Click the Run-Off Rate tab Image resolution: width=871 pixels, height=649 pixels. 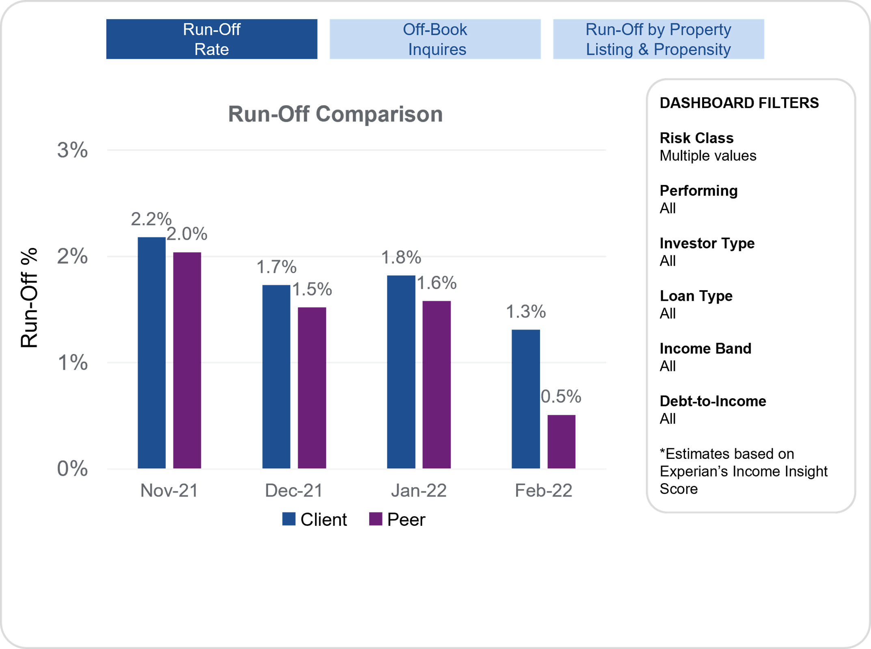pos(212,39)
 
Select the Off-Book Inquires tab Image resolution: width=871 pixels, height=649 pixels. pos(435,39)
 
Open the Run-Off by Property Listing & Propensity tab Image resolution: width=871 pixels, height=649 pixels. pos(658,39)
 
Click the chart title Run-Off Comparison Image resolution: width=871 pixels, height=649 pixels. pos(335,114)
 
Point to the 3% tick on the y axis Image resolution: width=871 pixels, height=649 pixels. pos(72,150)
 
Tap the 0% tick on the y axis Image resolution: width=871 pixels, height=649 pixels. pos(72,469)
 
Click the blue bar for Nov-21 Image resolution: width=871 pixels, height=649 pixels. pos(151,353)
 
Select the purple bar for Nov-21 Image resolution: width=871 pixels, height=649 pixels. pos(187,360)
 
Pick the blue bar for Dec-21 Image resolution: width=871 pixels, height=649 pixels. pos(276,377)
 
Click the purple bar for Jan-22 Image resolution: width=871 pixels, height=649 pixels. pos(437,384)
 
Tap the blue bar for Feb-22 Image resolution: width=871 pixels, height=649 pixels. pos(526,399)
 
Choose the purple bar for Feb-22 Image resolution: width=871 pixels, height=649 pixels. pos(561,442)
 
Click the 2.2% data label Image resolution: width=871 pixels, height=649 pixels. pos(151,219)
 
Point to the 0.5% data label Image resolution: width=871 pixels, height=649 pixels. pos(561,397)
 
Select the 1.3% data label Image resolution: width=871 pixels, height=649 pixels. pos(525,312)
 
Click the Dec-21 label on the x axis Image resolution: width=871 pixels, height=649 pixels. pos(294,491)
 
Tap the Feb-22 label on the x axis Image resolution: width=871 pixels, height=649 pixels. pos(543,491)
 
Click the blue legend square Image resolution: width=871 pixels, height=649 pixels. pos(289,519)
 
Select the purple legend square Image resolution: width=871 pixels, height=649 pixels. pos(376,519)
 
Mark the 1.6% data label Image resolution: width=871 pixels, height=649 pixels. pos(437,283)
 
